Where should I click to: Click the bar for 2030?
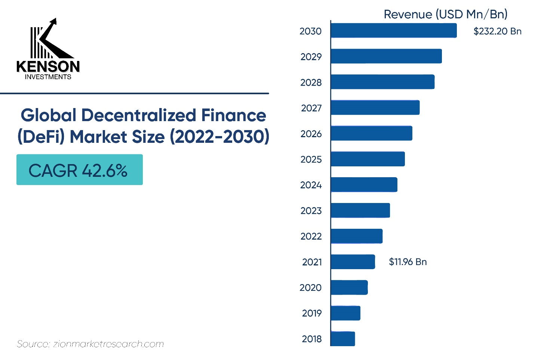[394, 30]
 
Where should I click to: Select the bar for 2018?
[343, 339]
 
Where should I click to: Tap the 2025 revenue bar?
[368, 159]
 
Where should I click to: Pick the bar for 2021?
[353, 262]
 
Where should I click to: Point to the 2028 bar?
[382, 82]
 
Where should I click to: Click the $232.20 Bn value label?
[497, 31]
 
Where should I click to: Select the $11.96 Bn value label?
[408, 262]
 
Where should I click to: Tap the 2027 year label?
[311, 108]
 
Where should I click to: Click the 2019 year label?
[312, 313]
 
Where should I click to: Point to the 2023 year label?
[311, 211]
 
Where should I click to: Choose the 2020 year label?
[310, 287]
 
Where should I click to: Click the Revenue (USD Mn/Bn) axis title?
[445, 14]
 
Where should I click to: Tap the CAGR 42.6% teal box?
[80, 170]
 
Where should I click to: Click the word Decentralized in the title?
[139, 116]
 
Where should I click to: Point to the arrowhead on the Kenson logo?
[54, 22]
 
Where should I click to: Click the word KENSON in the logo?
[48, 67]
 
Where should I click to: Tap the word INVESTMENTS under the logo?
[48, 77]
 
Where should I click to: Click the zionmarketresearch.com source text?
[108, 344]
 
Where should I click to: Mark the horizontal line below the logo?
[135, 93]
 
